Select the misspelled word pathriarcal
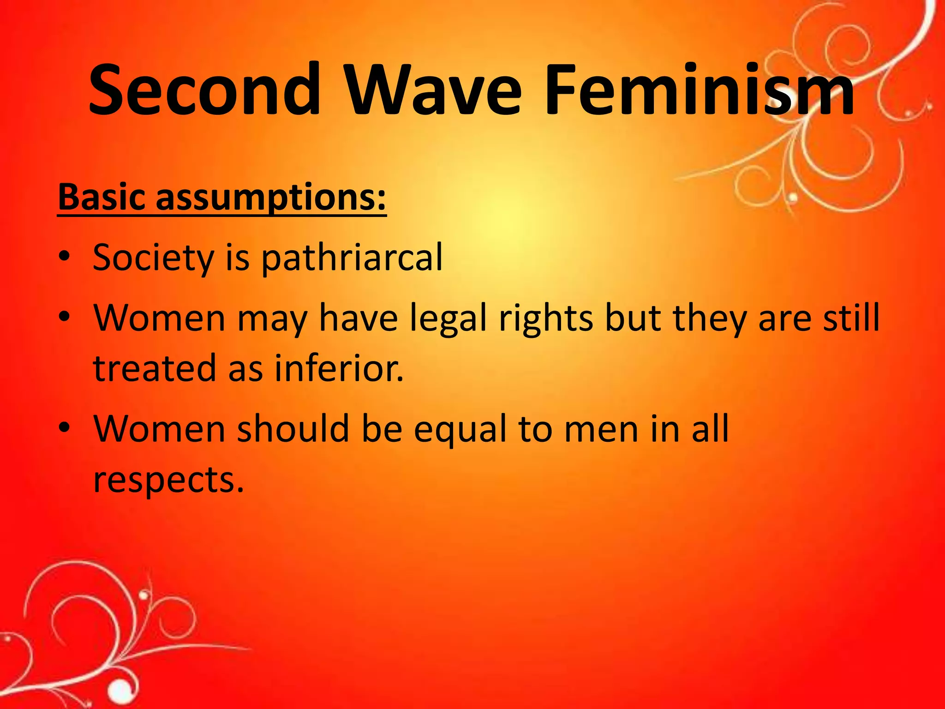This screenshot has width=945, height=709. [x=352, y=258]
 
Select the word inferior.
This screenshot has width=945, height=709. [x=339, y=369]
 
